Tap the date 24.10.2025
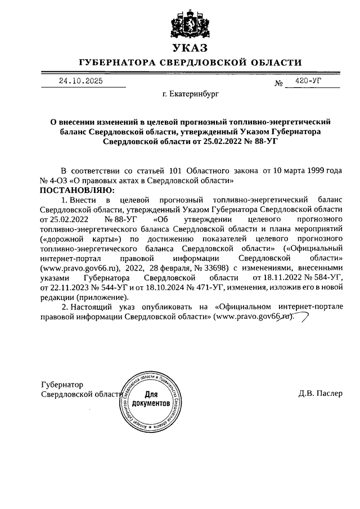pos(81,81)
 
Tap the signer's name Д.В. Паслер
pos(320,393)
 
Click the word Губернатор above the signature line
pos(63,385)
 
